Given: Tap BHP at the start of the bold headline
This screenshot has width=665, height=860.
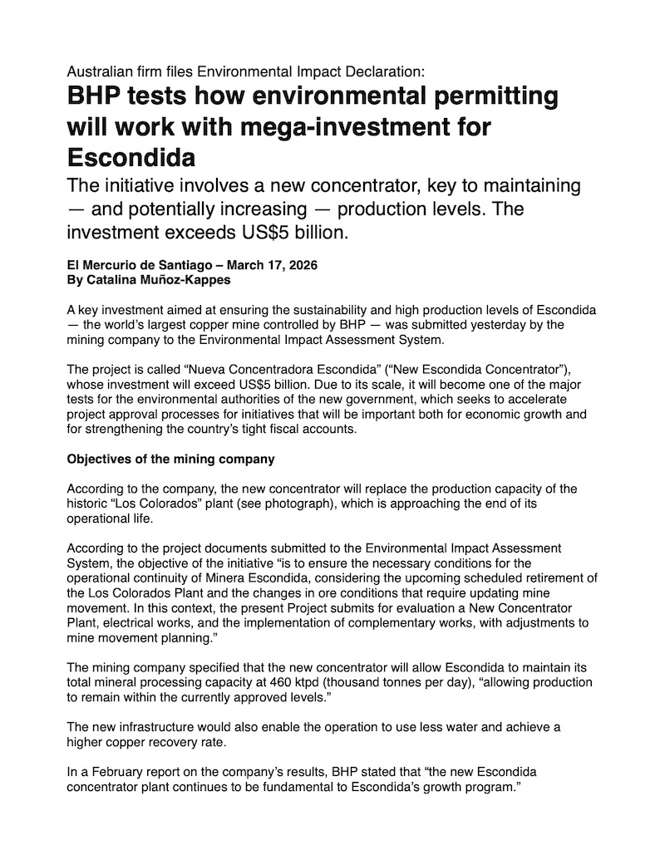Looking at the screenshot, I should pos(93,97).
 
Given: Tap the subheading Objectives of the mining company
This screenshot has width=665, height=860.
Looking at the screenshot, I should pos(170,459).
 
